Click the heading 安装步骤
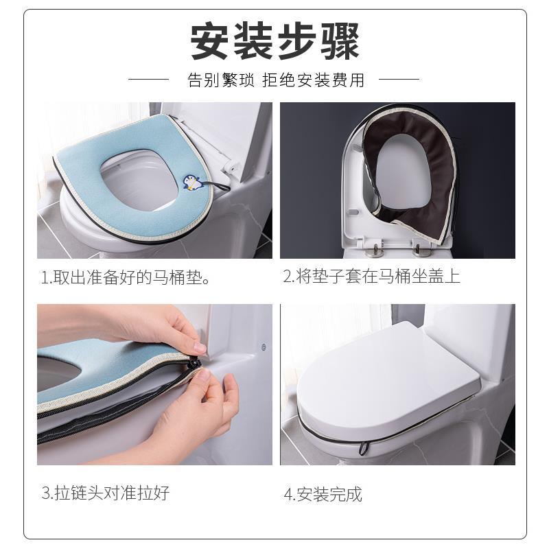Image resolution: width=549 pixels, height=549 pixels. coord(275,41)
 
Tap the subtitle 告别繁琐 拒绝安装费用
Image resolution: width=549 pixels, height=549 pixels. coord(277,80)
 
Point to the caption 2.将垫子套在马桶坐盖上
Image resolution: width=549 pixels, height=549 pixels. coord(371,276)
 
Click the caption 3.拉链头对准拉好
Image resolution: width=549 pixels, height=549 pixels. coord(106,493)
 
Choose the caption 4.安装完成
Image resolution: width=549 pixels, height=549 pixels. coord(323,494)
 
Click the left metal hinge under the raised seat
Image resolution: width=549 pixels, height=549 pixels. coord(375,249)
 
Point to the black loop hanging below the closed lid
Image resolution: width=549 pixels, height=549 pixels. coord(364,448)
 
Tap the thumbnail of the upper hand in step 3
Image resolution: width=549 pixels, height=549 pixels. coord(200,348)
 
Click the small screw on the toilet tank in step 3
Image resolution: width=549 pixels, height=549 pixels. coord(264,347)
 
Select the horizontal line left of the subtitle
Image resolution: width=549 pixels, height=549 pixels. coord(149,79)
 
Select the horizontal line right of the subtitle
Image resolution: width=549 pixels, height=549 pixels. coord(399,79)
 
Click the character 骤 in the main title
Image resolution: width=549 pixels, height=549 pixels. coord(340,41)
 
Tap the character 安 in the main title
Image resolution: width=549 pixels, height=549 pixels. coord(210,41)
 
